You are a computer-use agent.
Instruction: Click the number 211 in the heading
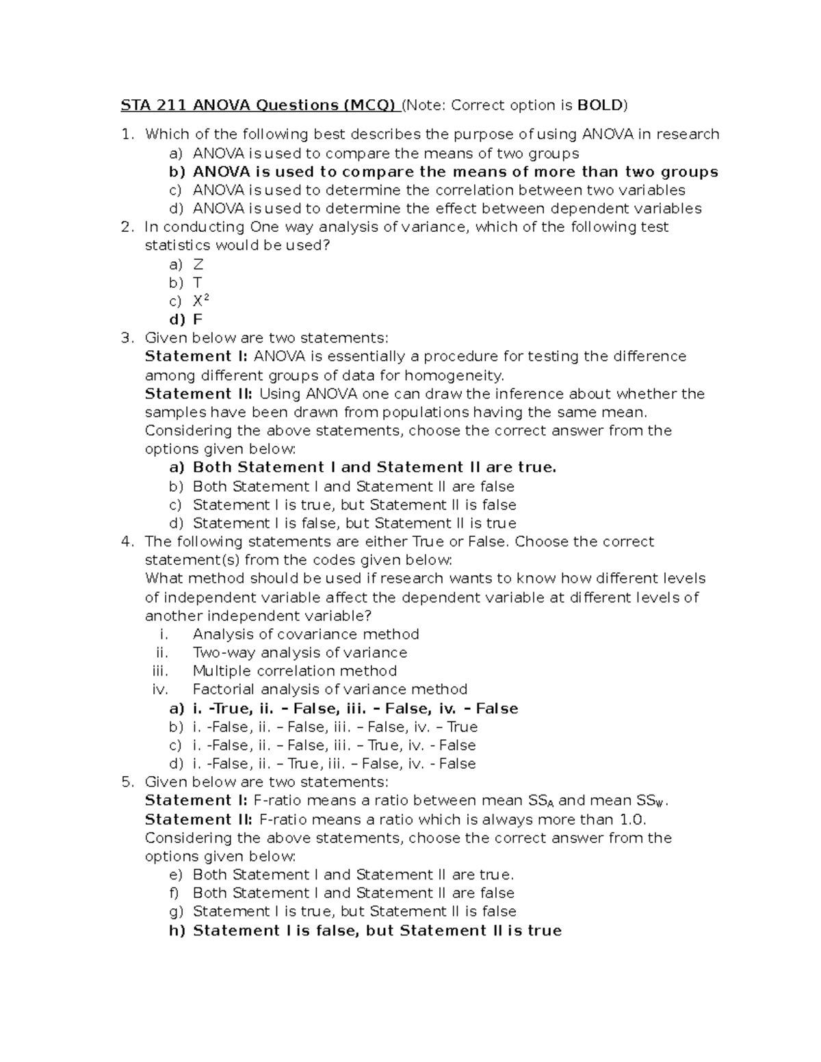(x=171, y=105)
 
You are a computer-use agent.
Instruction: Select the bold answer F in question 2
(x=198, y=319)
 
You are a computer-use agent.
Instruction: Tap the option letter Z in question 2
(x=198, y=264)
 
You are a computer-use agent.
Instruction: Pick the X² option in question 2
(x=200, y=301)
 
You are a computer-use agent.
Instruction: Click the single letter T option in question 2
(x=197, y=282)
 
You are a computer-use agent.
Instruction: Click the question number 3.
(x=125, y=338)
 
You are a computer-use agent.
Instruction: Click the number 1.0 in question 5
(x=633, y=819)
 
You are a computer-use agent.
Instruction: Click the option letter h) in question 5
(x=177, y=930)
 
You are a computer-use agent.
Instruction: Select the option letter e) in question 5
(x=176, y=875)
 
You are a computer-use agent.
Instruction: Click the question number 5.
(x=125, y=782)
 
